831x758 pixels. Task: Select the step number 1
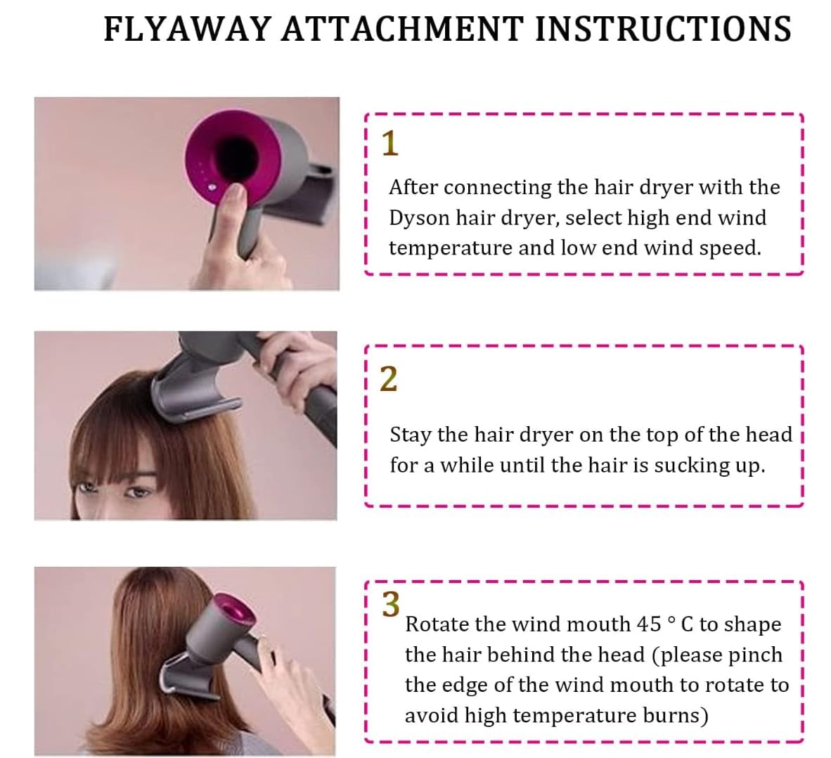[x=389, y=143]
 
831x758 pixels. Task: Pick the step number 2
[x=389, y=379]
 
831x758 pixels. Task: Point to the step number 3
[x=391, y=604]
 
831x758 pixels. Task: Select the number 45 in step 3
[x=648, y=624]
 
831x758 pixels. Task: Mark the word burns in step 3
[x=675, y=716]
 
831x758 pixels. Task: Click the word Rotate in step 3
[x=437, y=624]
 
